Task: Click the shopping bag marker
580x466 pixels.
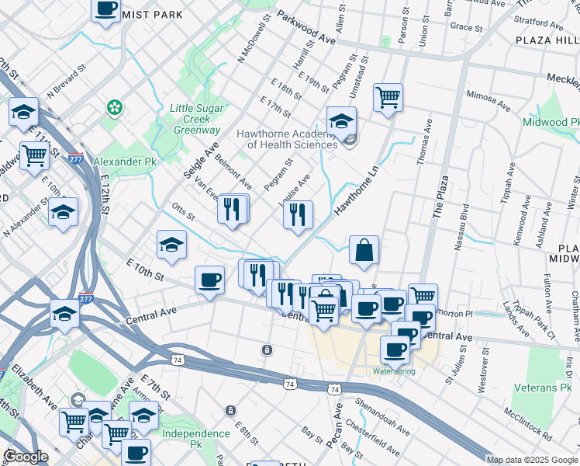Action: (x=364, y=251)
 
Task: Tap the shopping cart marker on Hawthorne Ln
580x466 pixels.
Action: (x=388, y=98)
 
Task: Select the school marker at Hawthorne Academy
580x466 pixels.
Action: (x=341, y=121)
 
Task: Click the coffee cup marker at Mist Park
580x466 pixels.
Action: (x=106, y=9)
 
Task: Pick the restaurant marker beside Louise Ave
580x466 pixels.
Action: (x=298, y=215)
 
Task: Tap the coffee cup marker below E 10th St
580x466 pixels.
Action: (x=209, y=280)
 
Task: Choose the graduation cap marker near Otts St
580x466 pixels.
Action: (x=171, y=245)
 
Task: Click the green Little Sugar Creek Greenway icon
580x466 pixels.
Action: (x=116, y=106)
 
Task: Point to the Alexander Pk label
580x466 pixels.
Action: (x=124, y=162)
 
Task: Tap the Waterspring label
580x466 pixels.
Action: (x=394, y=371)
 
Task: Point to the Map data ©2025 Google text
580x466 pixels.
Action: (x=532, y=460)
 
